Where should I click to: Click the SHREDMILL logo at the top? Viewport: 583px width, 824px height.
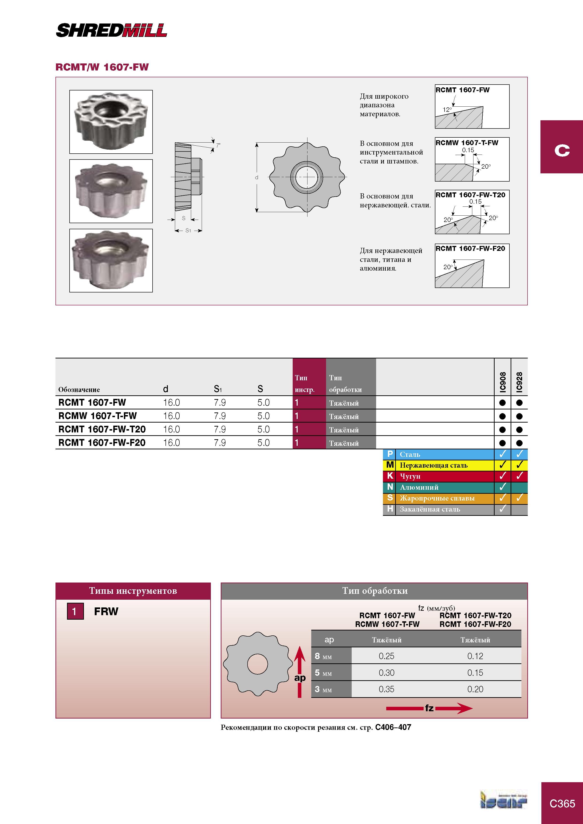coord(111,30)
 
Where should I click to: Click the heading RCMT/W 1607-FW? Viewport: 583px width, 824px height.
coord(102,67)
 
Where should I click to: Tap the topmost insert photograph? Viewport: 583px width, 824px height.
coord(111,122)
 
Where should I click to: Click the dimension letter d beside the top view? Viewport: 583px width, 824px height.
coord(256,177)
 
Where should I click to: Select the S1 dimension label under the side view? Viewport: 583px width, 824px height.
coord(188,230)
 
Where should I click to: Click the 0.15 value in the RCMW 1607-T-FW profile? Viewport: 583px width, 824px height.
coord(468,150)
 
